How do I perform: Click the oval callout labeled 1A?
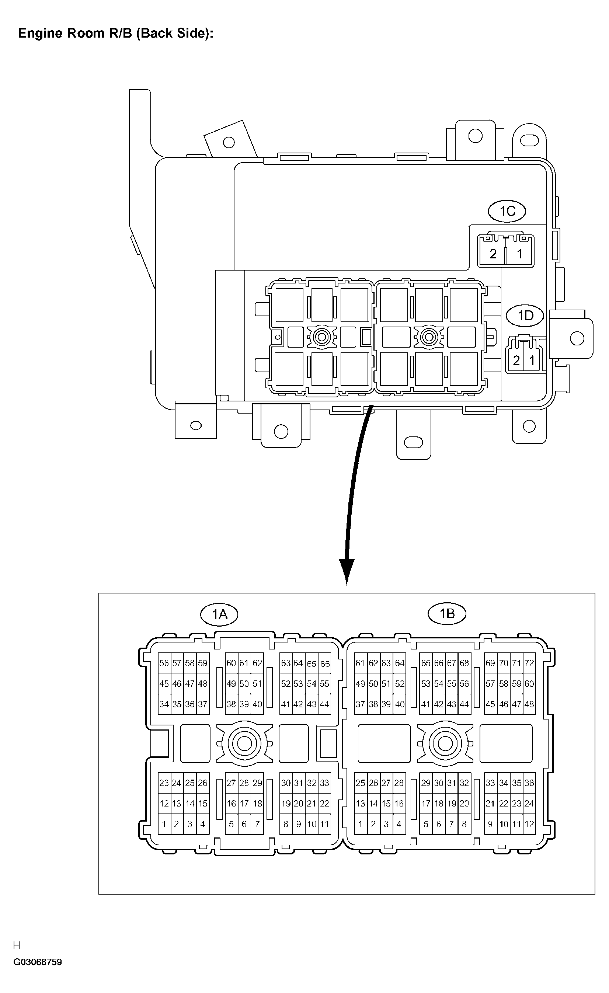(x=219, y=614)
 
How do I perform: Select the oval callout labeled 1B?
(x=446, y=613)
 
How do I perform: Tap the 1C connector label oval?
(x=507, y=211)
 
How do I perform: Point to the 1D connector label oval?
(x=525, y=315)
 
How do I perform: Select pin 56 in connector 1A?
(x=164, y=663)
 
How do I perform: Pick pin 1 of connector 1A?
(x=164, y=824)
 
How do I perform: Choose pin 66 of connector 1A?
(x=325, y=663)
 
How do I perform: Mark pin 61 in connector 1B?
(x=360, y=663)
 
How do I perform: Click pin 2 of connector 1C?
(x=493, y=254)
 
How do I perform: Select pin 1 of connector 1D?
(x=532, y=360)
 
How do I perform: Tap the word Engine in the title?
(x=41, y=33)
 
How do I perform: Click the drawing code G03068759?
(x=38, y=962)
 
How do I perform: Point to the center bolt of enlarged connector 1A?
(x=244, y=743)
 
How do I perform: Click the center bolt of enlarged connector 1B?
(x=445, y=743)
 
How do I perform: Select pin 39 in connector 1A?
(x=244, y=704)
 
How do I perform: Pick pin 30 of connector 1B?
(x=439, y=783)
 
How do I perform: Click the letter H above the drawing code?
(x=17, y=945)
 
